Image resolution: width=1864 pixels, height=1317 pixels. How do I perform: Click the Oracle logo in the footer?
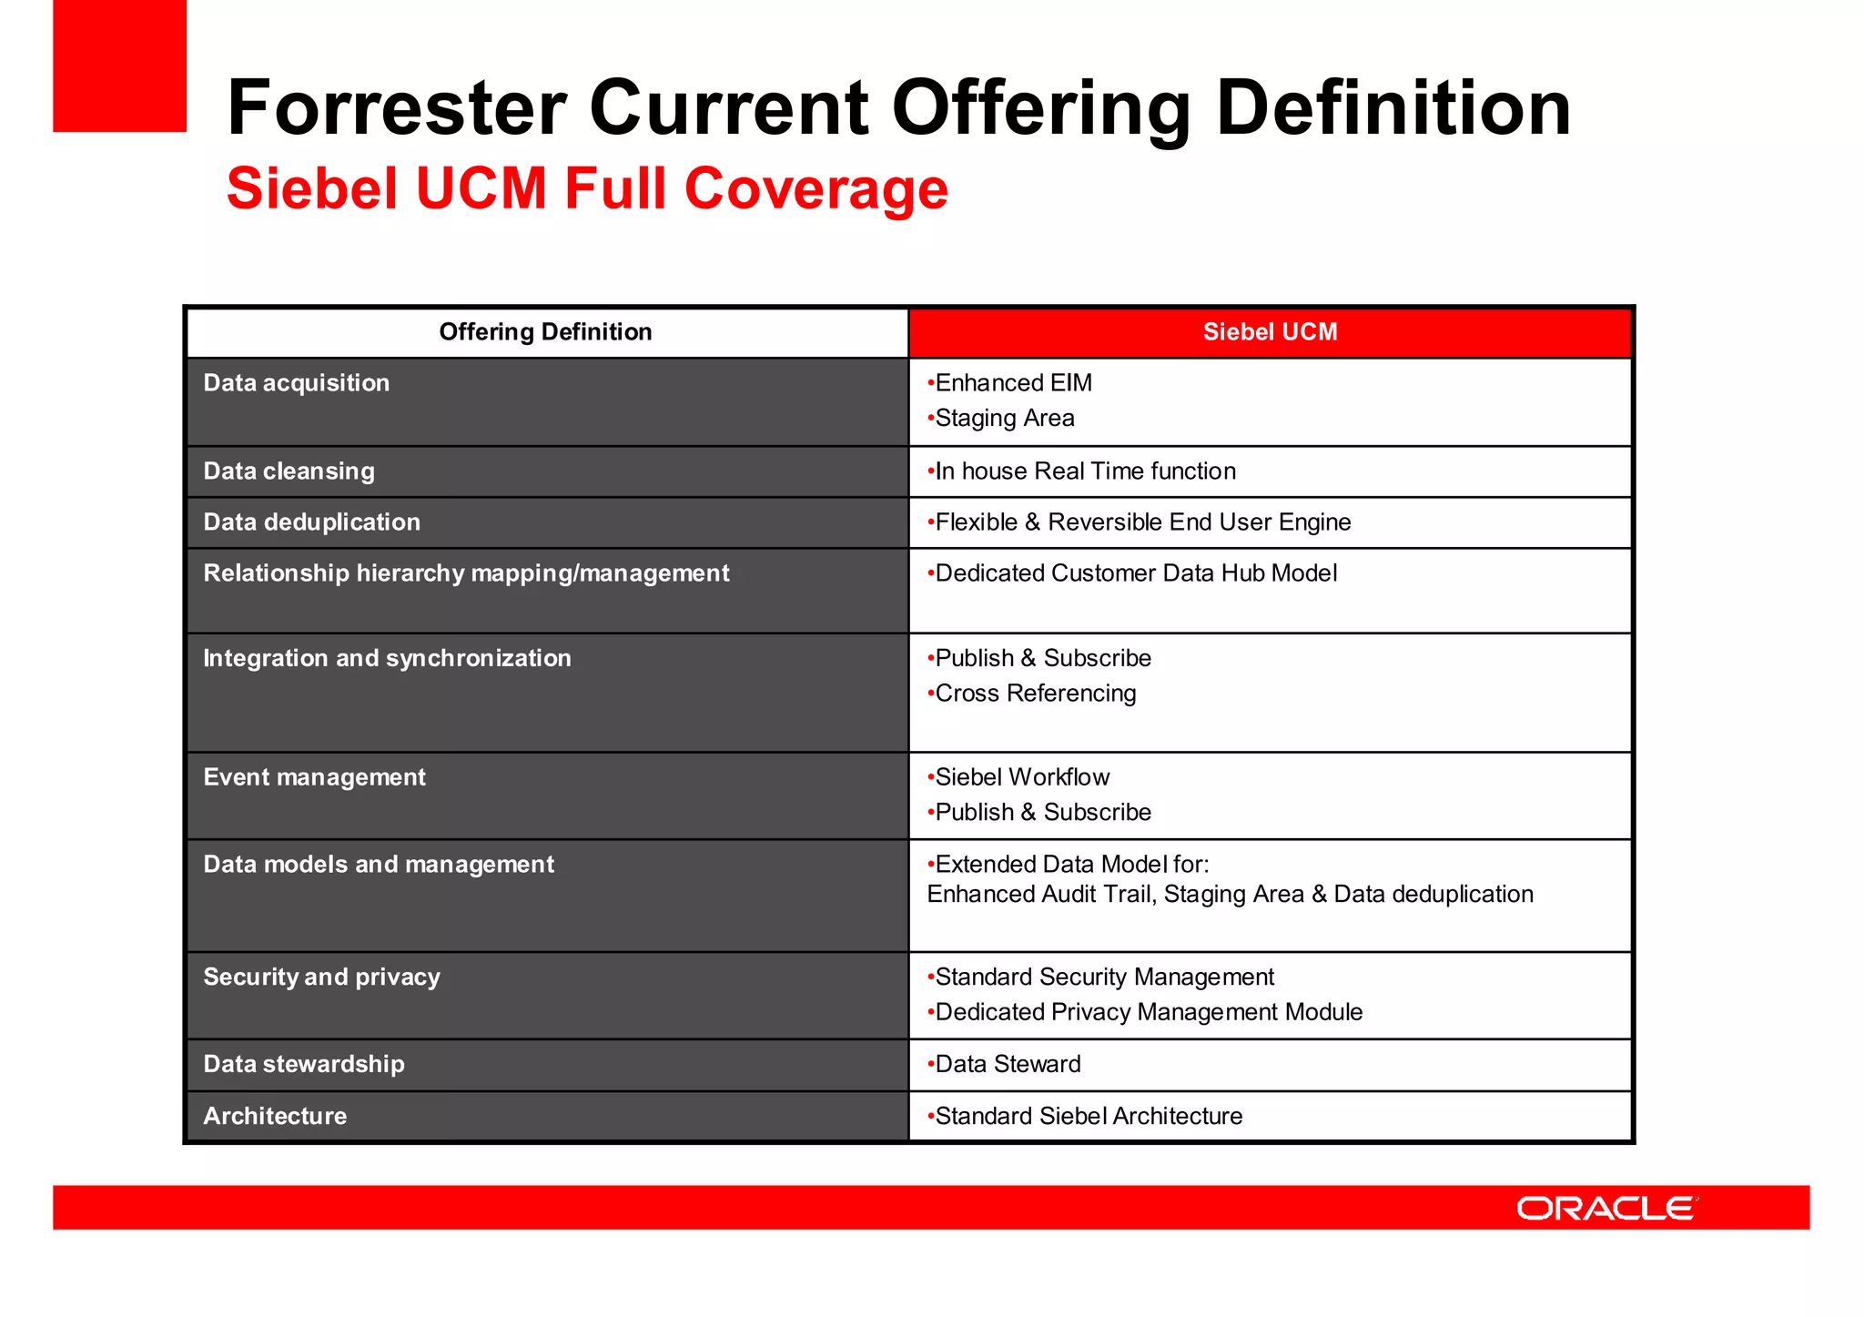click(1606, 1208)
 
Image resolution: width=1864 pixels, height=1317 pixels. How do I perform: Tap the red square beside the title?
click(119, 66)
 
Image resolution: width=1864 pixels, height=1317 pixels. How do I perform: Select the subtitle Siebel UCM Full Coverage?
click(587, 188)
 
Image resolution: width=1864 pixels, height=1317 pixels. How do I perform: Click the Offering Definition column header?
click(545, 332)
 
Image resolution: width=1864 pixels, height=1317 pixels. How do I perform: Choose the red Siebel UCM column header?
click(1270, 332)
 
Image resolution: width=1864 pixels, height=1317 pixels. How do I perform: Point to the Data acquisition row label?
click(297, 383)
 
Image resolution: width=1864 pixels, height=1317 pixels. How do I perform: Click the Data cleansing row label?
click(289, 471)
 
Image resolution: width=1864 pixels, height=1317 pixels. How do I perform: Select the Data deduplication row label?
click(312, 522)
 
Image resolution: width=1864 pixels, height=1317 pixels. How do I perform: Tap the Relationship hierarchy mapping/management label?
click(466, 573)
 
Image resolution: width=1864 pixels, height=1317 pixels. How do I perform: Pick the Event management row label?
click(314, 777)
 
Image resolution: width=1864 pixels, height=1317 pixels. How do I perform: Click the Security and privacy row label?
click(321, 978)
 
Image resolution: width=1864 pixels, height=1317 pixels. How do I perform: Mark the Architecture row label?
click(275, 1116)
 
